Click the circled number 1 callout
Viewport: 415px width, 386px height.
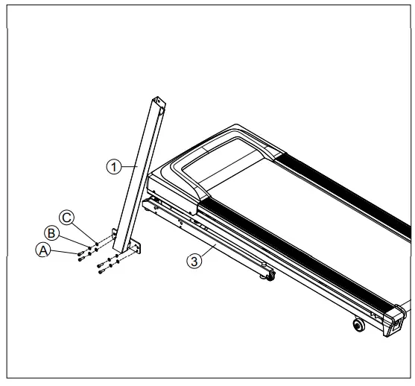(x=113, y=168)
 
